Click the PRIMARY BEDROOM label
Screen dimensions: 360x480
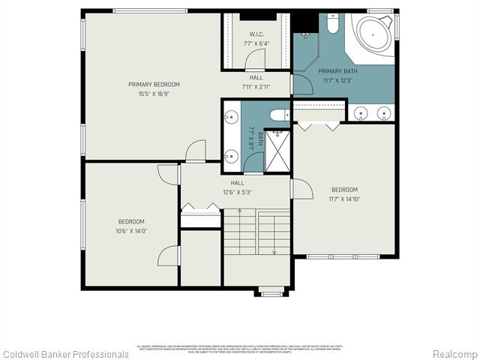tap(154, 85)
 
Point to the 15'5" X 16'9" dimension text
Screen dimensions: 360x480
tap(154, 94)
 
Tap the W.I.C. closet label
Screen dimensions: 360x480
tap(256, 34)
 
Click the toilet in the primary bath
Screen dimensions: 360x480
tap(333, 24)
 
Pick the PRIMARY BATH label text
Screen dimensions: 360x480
tap(337, 71)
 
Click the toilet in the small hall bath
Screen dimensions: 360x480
tap(278, 115)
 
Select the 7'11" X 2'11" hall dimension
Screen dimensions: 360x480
tap(256, 86)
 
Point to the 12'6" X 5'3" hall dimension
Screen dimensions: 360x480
tap(237, 192)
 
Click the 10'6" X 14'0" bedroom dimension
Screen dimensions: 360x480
tap(131, 230)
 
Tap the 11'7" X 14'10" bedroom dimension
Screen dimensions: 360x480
tap(344, 199)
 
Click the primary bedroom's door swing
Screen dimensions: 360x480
tap(196, 150)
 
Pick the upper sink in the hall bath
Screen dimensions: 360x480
tap(232, 117)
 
